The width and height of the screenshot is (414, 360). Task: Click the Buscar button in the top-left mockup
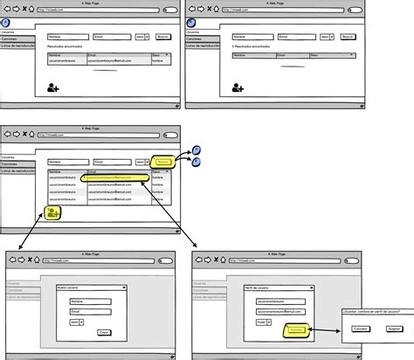coord(162,38)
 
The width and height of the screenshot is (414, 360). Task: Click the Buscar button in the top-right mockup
coord(347,38)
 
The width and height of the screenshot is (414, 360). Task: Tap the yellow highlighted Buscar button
coord(162,162)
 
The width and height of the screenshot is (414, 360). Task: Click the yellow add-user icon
coord(54,212)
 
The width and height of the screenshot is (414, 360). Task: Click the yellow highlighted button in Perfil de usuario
coord(296,330)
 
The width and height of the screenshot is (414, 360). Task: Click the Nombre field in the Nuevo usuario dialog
coord(86,300)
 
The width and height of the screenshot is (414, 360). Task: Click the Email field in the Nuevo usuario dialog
coord(86,310)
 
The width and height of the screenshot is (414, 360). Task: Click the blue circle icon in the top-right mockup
coord(190,24)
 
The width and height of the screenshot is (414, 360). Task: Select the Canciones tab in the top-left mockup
coord(10,38)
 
